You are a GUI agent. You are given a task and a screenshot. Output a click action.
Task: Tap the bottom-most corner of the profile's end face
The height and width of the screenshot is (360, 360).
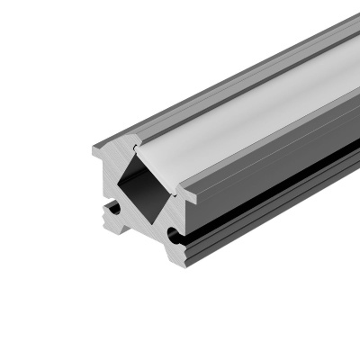(x=185, y=266)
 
